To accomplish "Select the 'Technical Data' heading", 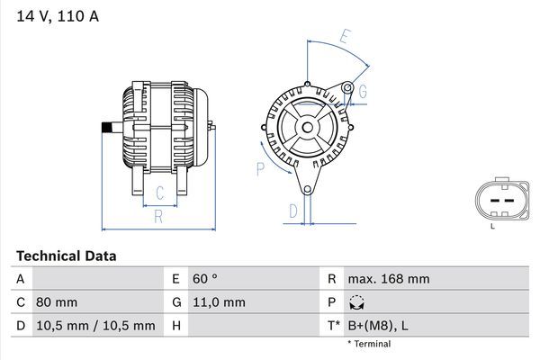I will [x=66, y=256].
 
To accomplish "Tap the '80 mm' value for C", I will [x=57, y=302].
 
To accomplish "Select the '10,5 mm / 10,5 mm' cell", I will [x=95, y=325].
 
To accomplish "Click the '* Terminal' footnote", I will [x=369, y=344].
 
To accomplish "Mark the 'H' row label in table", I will [x=176, y=325].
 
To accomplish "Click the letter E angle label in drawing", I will [x=345, y=37].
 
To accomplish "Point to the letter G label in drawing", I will [x=362, y=92].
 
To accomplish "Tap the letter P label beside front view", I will [x=260, y=167].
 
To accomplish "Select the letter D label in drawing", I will [x=292, y=211].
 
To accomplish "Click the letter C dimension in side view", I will [x=159, y=192].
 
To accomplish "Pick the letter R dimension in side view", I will [x=158, y=216].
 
